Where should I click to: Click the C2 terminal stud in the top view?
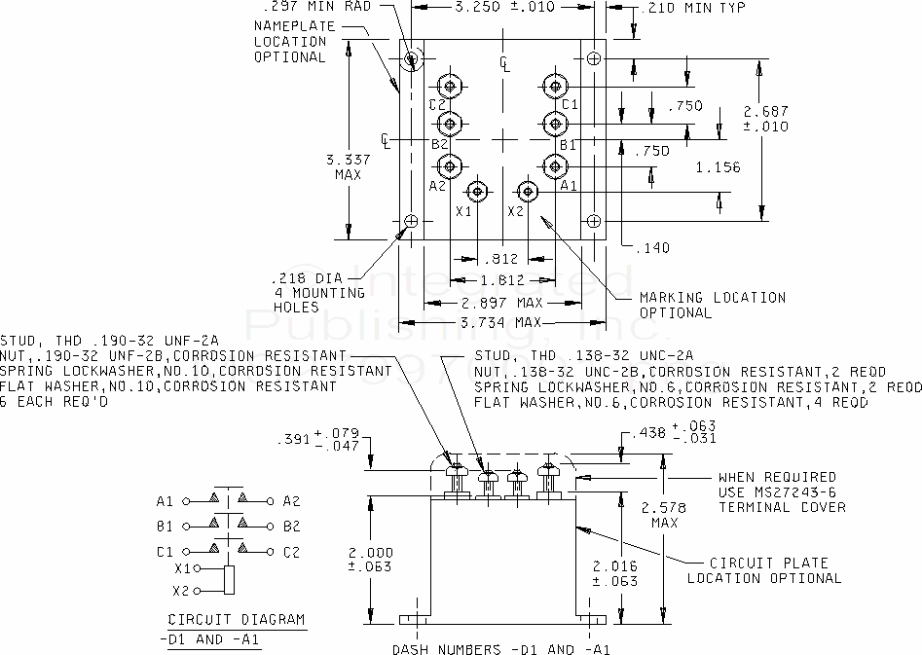(450, 87)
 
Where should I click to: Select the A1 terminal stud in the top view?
(555, 166)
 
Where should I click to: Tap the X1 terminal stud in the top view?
(477, 192)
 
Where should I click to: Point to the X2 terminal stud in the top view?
(528, 192)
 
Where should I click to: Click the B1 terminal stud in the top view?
(555, 124)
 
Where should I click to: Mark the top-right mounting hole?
(594, 58)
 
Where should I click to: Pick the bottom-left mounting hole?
(411, 221)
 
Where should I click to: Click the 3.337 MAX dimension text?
(349, 167)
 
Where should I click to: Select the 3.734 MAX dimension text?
(499, 323)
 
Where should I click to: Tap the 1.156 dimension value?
(718, 167)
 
